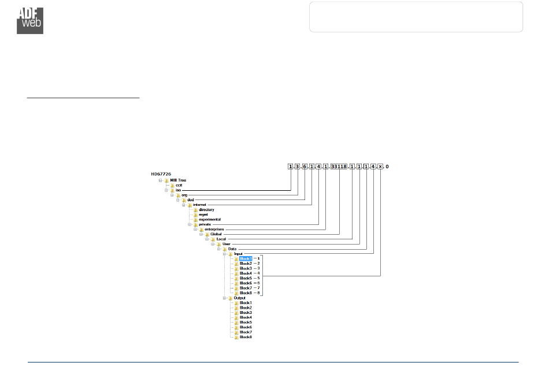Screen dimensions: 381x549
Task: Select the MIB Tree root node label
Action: click(x=178, y=180)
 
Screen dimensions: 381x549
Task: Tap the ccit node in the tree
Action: click(x=179, y=185)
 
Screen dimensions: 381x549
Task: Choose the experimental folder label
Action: click(x=210, y=219)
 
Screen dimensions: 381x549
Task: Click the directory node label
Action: click(x=206, y=209)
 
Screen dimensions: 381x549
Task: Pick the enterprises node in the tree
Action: click(x=214, y=229)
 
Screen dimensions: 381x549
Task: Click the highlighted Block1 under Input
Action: click(x=246, y=258)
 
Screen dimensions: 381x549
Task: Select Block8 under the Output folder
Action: click(x=246, y=337)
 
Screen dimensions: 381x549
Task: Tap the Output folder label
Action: click(x=239, y=298)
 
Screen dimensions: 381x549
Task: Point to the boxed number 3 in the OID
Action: click(x=298, y=167)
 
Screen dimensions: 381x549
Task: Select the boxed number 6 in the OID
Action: click(x=305, y=167)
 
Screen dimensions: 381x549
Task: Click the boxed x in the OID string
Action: click(x=380, y=167)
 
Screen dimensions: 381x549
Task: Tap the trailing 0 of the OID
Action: click(x=387, y=167)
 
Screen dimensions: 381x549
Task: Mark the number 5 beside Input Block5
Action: click(x=258, y=278)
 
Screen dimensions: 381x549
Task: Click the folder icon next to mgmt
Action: click(x=195, y=214)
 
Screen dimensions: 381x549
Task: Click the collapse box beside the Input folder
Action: click(x=224, y=254)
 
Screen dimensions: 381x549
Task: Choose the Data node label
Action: click(x=232, y=249)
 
